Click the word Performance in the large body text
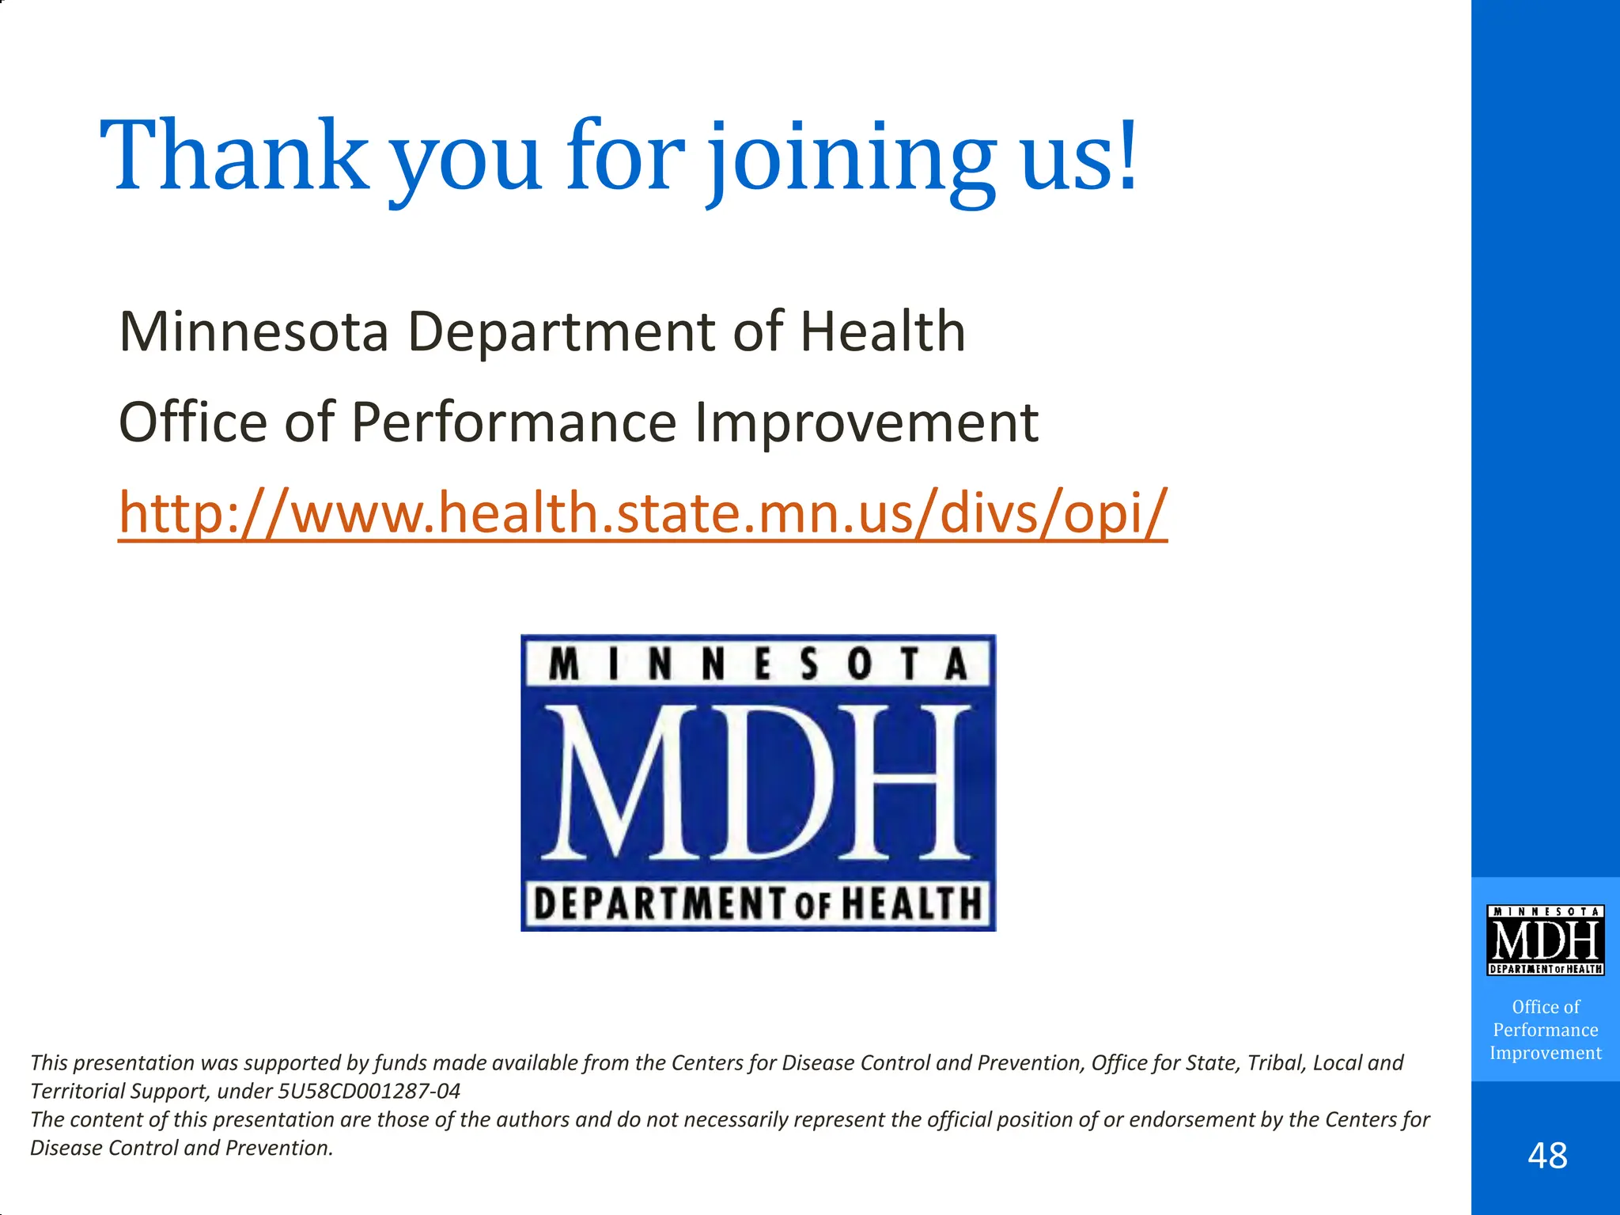(514, 422)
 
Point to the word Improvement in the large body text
(866, 422)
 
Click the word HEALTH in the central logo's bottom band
(910, 903)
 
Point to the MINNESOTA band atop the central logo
(758, 664)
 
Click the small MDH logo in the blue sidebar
(1545, 940)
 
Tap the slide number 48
(1547, 1156)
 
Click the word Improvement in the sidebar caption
(1545, 1053)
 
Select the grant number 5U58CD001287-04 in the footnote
(369, 1092)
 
